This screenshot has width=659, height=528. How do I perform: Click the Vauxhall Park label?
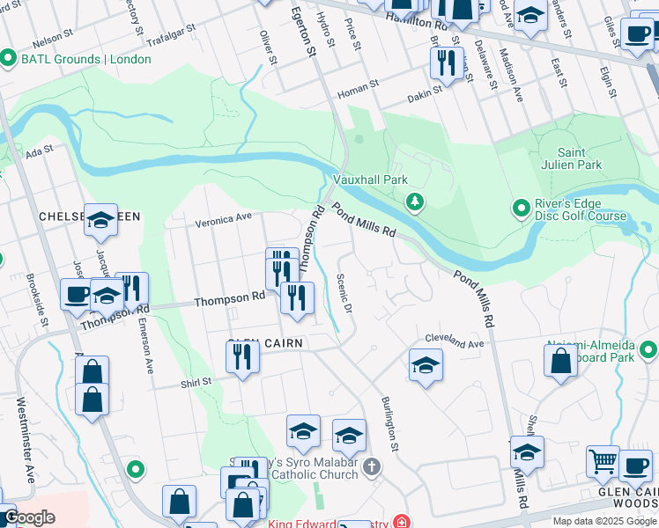coord(370,179)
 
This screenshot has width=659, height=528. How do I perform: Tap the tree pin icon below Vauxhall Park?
coord(414,203)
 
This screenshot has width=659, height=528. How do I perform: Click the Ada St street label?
coord(34,152)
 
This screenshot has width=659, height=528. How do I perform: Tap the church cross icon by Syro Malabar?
coord(372,466)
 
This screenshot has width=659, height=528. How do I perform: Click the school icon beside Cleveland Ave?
coord(426,363)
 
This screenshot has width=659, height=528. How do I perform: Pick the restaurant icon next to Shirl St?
coord(241,356)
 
